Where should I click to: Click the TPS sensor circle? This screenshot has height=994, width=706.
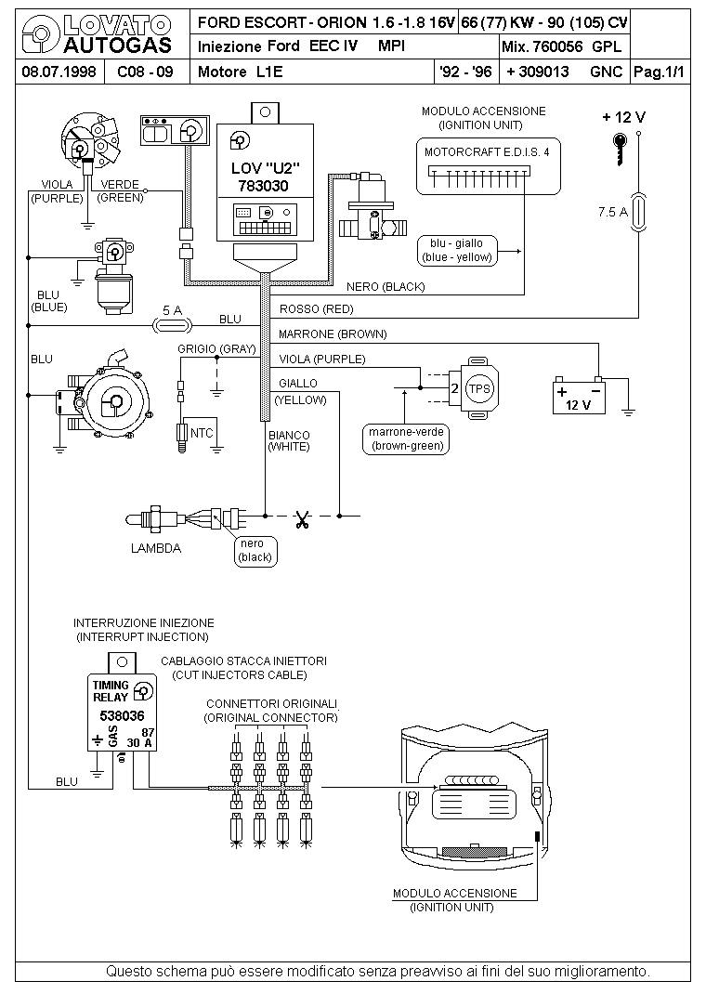point(479,388)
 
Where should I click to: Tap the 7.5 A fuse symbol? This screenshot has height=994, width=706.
point(639,212)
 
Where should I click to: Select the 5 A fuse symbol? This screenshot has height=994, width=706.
point(172,326)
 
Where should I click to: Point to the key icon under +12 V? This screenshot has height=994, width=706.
point(620,149)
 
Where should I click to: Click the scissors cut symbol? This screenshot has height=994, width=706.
point(302,520)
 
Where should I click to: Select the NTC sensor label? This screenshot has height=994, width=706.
point(202,433)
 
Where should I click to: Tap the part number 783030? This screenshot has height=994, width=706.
point(263,187)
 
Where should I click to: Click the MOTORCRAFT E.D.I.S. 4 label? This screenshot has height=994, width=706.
point(487,152)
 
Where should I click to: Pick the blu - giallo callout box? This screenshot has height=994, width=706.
point(457,251)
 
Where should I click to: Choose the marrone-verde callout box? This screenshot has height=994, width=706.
point(406,439)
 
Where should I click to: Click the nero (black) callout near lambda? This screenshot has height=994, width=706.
point(255,551)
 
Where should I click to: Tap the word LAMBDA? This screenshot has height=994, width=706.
point(156,548)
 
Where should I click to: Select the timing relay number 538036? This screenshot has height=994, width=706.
point(123,716)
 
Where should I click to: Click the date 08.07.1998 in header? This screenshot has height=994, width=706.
point(59,72)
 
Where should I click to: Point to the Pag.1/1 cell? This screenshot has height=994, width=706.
point(660,72)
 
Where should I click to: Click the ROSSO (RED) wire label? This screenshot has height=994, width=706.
point(316,309)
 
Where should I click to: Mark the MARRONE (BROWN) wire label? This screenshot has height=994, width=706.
point(333,334)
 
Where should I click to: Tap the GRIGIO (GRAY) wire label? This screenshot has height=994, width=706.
point(216,349)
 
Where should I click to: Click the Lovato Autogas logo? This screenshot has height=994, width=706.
point(97,35)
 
